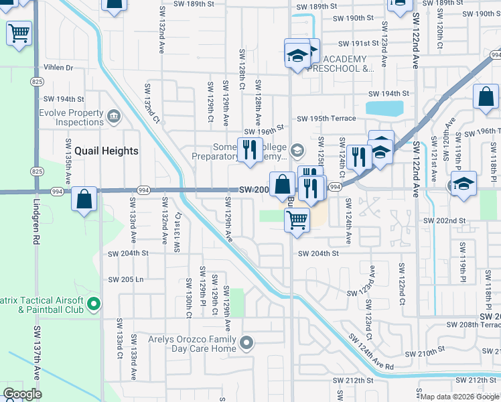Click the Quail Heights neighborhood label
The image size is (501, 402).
click(106, 151)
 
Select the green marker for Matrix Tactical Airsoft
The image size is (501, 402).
click(94, 305)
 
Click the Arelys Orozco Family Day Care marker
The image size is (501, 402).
click(246, 344)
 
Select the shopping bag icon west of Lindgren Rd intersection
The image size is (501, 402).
click(84, 199)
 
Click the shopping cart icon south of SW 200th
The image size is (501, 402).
click(297, 219)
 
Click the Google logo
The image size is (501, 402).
click(22, 394)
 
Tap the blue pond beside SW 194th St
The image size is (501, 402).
click(384, 108)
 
